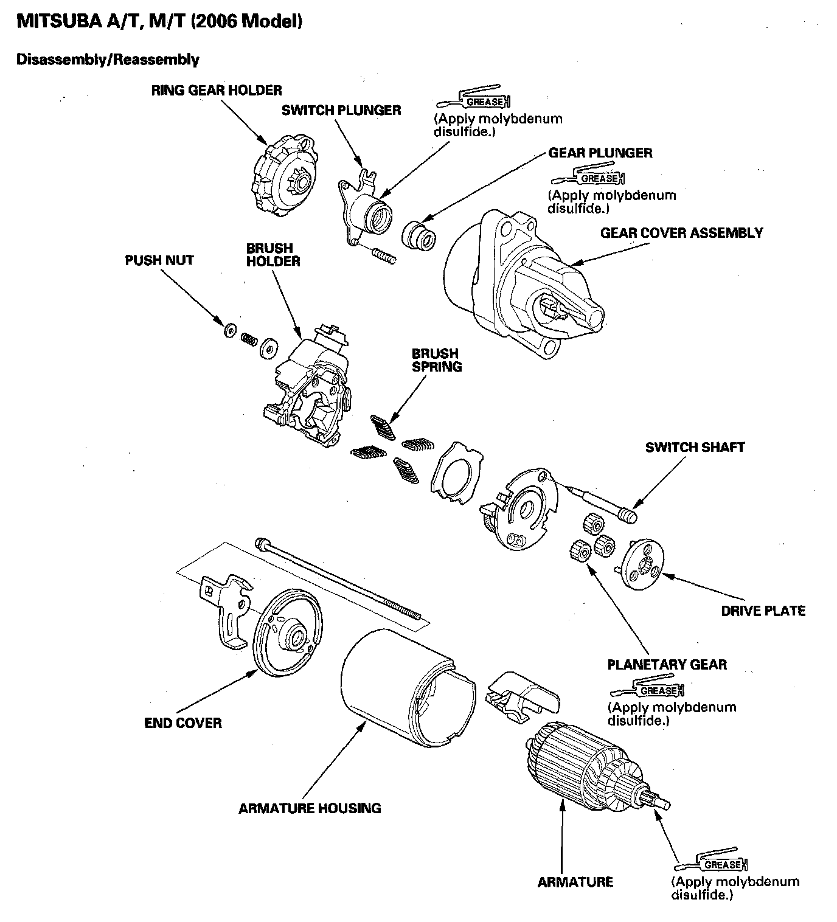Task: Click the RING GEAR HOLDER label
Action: click(x=217, y=91)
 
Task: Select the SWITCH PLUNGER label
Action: click(x=341, y=110)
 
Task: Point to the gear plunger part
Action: click(x=418, y=236)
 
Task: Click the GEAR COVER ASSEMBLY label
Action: click(x=681, y=233)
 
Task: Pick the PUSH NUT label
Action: click(x=159, y=260)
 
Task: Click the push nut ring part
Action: click(x=230, y=331)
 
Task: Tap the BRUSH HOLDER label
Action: click(x=273, y=255)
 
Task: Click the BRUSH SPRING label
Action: click(x=436, y=360)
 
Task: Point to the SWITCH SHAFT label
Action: click(x=695, y=447)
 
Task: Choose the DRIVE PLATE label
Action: click(x=763, y=611)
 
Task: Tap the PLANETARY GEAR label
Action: click(x=667, y=664)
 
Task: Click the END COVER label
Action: click(x=182, y=723)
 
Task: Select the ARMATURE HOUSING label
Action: click(x=310, y=808)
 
